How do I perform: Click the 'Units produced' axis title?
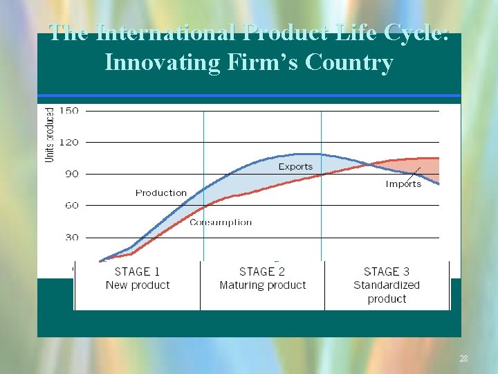50,135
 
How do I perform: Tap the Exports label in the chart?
295,166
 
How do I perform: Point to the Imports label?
403,184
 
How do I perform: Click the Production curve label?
161,193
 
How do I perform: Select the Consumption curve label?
221,222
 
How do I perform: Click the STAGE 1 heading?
137,272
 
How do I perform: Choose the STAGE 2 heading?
262,272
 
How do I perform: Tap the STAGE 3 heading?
387,272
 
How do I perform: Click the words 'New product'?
137,285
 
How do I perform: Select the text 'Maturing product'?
262,285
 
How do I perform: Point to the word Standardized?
387,285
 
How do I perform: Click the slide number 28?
463,359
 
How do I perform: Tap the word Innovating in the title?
161,62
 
